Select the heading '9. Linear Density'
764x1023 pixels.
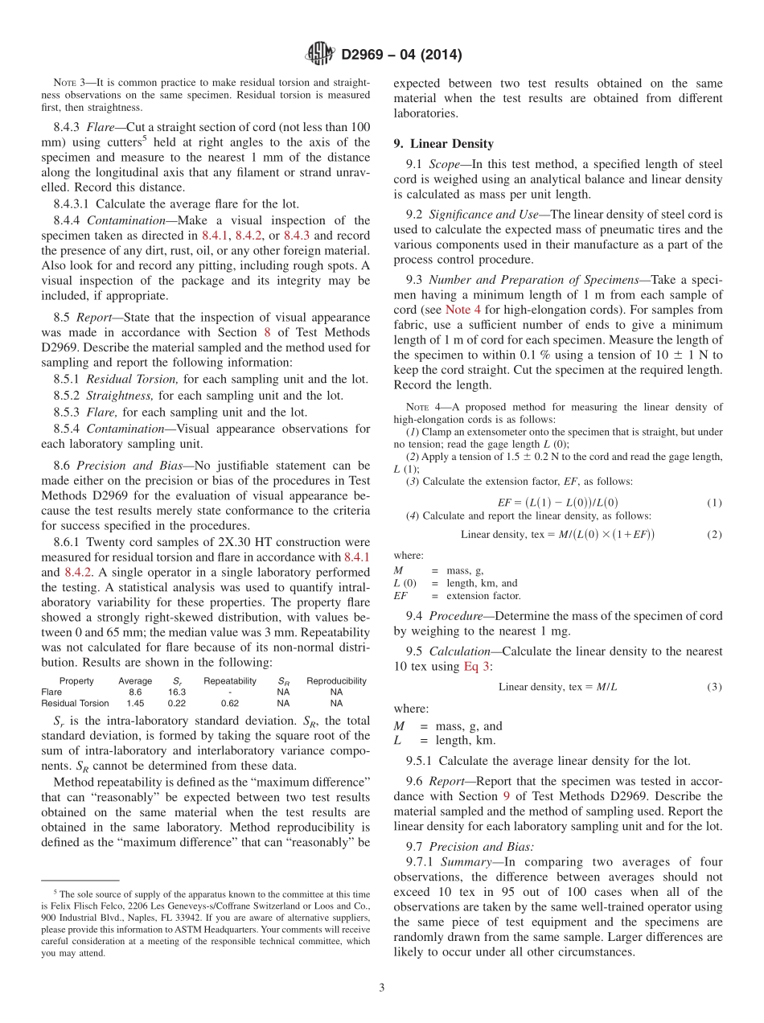(x=443, y=144)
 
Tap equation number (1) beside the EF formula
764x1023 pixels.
(x=714, y=503)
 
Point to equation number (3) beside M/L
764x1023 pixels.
(x=714, y=687)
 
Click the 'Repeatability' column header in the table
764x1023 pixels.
(x=230, y=680)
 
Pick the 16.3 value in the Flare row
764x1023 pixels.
(x=177, y=692)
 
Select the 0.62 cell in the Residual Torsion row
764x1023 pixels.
(x=230, y=703)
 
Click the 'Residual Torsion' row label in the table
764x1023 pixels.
(x=75, y=703)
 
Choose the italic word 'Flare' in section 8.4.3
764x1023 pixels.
(x=101, y=127)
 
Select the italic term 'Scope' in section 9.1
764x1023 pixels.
(x=445, y=165)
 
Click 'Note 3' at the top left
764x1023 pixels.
(x=64, y=83)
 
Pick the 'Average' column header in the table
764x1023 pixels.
(x=135, y=680)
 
